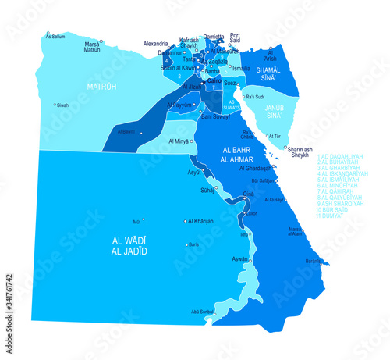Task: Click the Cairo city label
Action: point(214,80)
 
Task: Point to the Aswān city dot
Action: point(250,258)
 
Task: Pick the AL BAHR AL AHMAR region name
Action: point(243,153)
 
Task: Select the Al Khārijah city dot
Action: point(185,221)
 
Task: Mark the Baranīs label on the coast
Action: point(315,261)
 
